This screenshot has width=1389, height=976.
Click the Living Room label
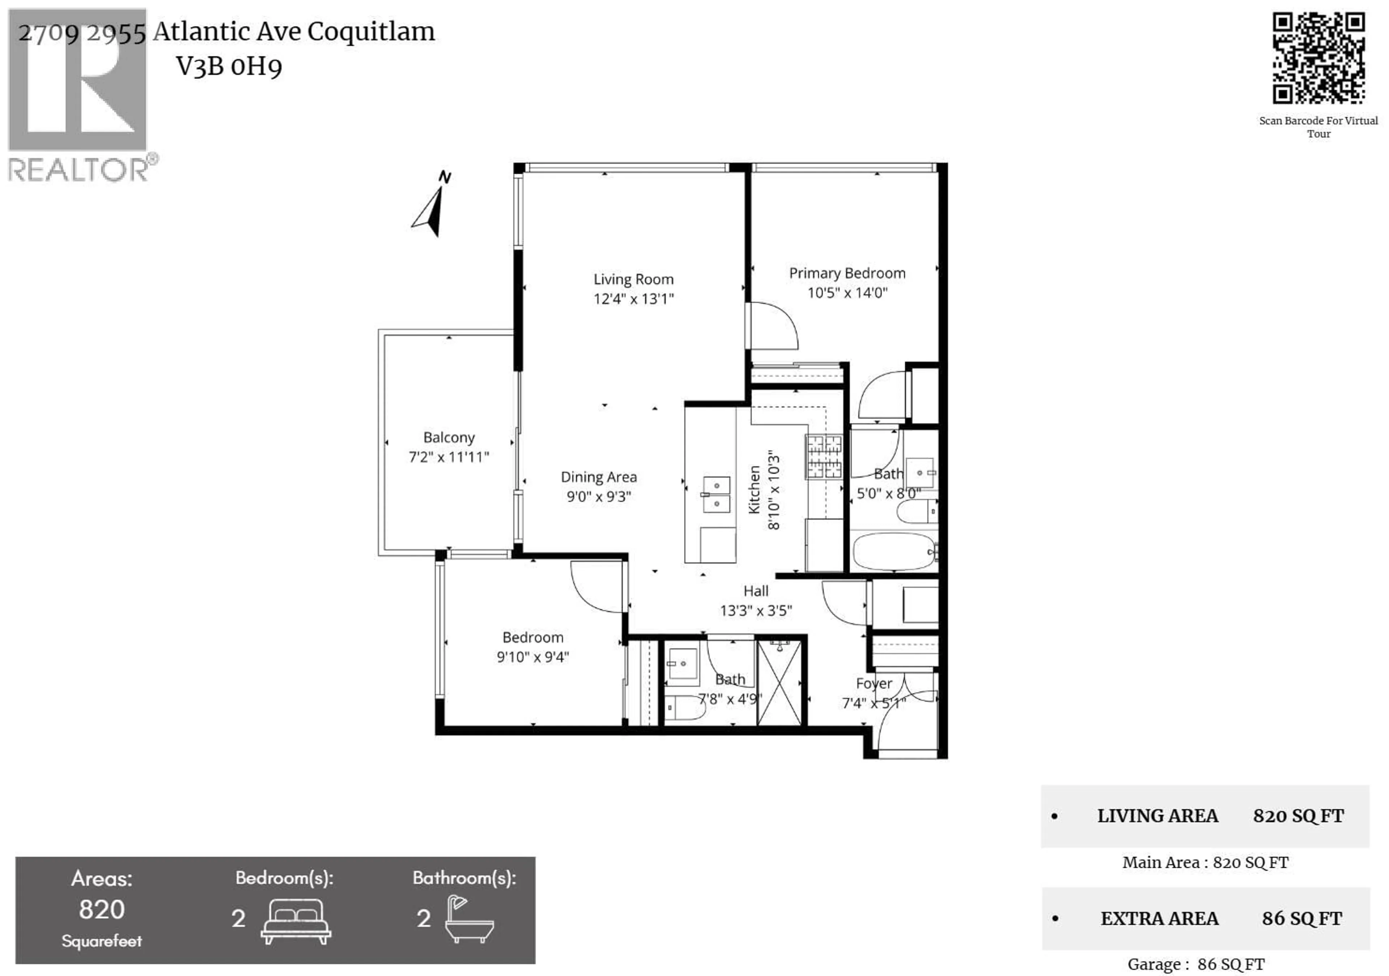633,279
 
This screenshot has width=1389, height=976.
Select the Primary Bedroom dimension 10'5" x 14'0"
847,293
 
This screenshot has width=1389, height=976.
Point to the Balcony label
449,437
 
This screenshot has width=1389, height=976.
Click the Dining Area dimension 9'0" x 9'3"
598,496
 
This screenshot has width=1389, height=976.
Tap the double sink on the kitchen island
716,494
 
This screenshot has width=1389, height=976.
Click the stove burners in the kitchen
823,457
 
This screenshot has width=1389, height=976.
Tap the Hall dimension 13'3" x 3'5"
756,611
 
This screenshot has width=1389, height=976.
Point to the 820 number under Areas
102,909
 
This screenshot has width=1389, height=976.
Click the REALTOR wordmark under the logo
78,170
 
